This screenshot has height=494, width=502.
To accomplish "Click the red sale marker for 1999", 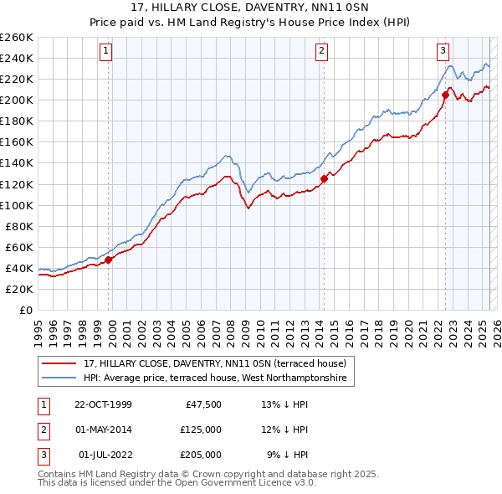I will tap(109, 260).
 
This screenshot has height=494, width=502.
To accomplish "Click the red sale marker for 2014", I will tap(324, 178).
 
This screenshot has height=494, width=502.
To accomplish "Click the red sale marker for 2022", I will tap(445, 95).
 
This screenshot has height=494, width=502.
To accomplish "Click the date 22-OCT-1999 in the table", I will tap(103, 404).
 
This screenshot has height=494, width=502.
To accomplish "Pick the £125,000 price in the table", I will tap(201, 430).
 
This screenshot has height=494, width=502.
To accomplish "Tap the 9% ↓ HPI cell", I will tap(287, 455).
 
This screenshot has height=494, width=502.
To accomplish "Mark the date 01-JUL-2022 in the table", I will tap(104, 455).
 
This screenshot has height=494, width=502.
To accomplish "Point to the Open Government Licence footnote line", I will tap(177, 483).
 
